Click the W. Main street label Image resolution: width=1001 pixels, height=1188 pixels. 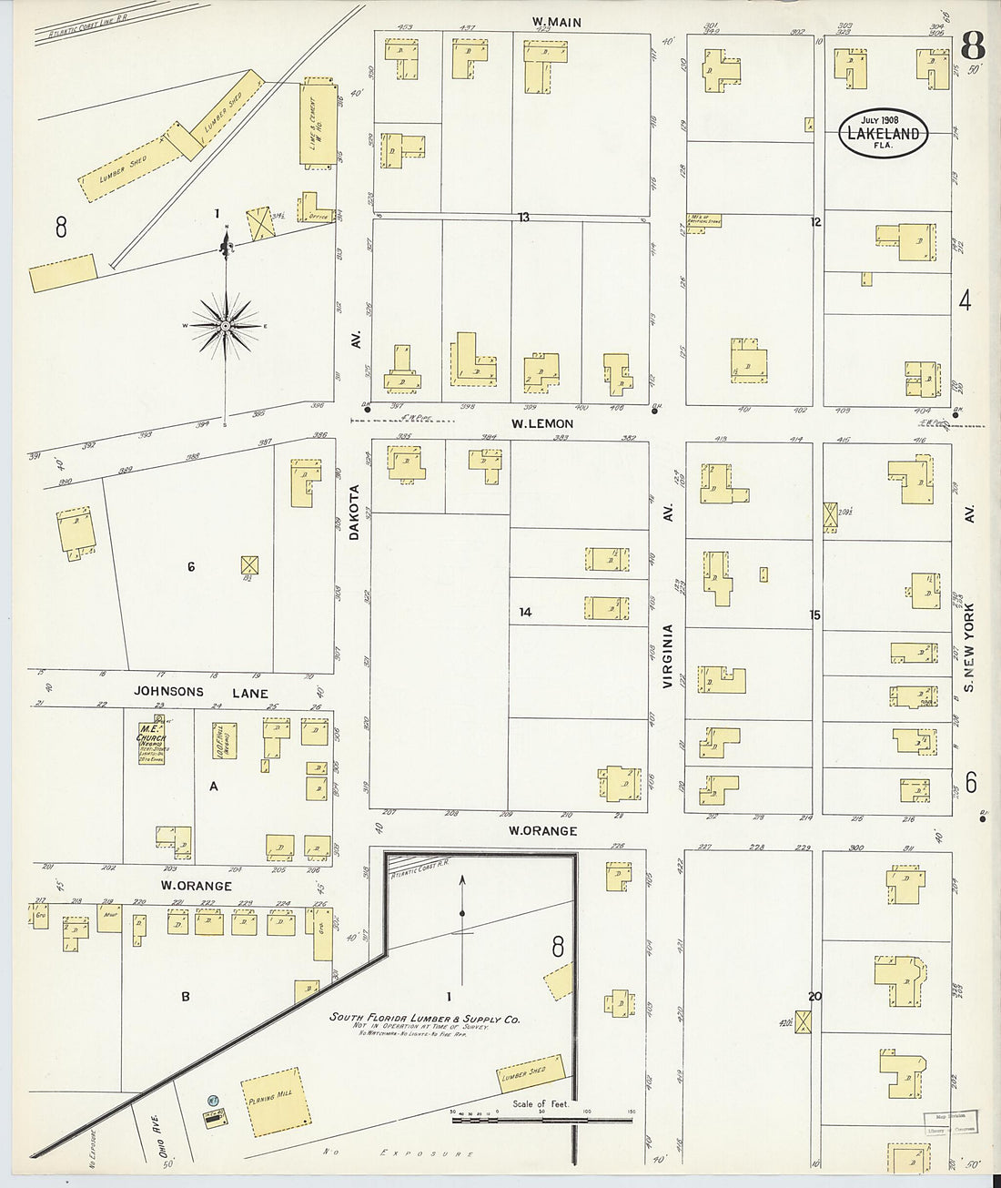[557, 22]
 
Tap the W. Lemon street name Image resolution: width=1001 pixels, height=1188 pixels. [541, 423]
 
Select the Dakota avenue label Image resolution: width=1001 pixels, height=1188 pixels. [356, 513]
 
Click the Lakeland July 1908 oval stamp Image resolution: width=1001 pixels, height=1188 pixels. [882, 134]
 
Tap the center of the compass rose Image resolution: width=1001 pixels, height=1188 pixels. [225, 325]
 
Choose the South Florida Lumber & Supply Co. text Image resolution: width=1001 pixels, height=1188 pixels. [424, 1020]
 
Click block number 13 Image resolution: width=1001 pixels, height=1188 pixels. [523, 217]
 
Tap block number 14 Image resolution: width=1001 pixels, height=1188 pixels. [525, 612]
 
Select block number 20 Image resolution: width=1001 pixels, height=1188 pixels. [814, 996]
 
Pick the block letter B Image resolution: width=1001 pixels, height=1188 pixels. [185, 996]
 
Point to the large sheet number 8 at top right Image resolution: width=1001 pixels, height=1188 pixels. [973, 43]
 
